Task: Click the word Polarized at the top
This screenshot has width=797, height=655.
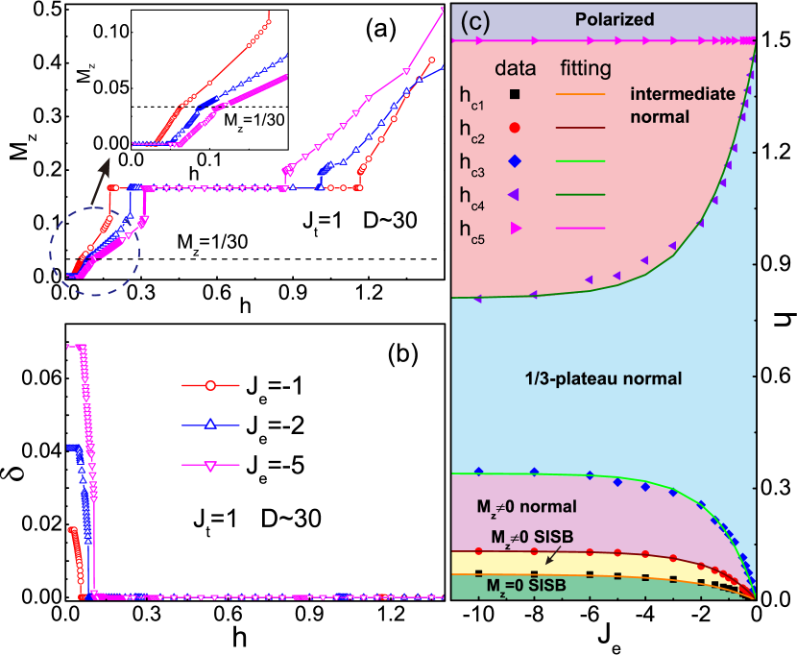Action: [614, 19]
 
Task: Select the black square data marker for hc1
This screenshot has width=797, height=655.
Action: [515, 93]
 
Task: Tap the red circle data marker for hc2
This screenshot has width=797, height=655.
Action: [515, 127]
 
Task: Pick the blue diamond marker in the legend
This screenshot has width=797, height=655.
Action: [515, 160]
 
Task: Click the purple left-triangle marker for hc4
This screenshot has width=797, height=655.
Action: [515, 194]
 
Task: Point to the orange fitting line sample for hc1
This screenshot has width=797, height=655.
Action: [580, 93]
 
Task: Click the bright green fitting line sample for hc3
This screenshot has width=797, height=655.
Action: [580, 160]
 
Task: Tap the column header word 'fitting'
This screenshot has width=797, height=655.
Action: [585, 68]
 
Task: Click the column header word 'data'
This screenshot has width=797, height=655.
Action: [514, 68]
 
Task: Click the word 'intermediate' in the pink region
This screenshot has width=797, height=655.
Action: [682, 94]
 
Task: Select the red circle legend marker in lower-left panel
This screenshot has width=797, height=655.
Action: [209, 386]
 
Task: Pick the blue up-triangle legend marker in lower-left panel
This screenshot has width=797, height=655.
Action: [209, 425]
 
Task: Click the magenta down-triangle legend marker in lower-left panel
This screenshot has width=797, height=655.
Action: [209, 466]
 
